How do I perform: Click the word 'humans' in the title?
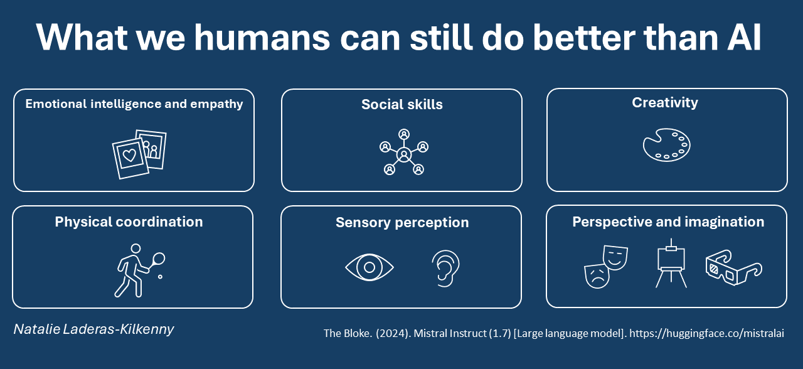(x=262, y=37)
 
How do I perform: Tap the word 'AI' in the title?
(x=745, y=37)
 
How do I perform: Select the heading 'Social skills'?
(x=402, y=104)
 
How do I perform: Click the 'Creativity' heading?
(x=665, y=103)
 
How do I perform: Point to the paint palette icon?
(x=666, y=145)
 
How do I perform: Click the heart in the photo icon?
(x=129, y=156)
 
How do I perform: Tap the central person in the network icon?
(x=404, y=155)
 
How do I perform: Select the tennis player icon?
(x=139, y=270)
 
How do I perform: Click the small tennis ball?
(x=160, y=277)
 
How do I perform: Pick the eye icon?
(x=370, y=267)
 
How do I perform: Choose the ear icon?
(x=445, y=268)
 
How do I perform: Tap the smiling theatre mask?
(x=615, y=257)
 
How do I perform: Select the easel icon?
(x=671, y=263)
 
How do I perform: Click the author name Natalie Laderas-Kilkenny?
(x=93, y=329)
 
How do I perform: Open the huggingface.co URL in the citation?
(x=706, y=333)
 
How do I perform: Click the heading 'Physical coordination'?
(x=129, y=222)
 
